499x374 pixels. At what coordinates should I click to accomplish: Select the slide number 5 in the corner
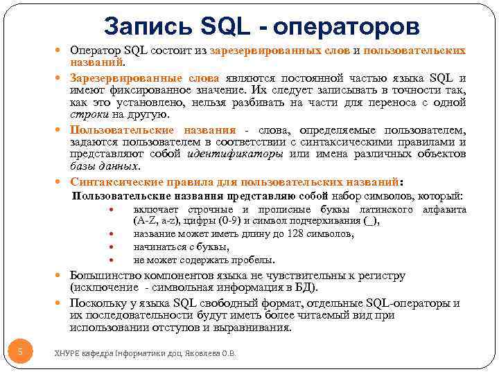click(20, 352)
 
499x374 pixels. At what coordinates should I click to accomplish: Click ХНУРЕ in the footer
click(68, 353)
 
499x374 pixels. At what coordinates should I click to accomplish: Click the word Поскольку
click(96, 303)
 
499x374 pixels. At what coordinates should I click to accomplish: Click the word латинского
click(383, 210)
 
